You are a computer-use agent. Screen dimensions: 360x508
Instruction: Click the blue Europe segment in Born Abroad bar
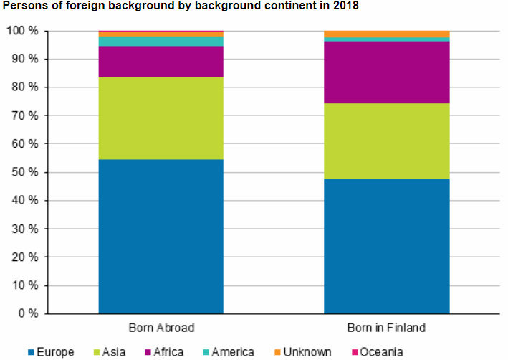click(x=161, y=236)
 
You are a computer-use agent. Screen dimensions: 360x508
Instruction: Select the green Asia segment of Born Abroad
click(x=161, y=118)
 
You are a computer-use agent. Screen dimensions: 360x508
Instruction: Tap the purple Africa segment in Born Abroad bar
click(x=161, y=62)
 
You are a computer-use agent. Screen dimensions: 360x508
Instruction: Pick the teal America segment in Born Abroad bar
click(x=161, y=42)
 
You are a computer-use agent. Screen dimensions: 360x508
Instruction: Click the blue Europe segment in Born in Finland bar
click(x=386, y=246)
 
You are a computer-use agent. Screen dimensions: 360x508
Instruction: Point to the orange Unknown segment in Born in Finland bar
click(x=386, y=34)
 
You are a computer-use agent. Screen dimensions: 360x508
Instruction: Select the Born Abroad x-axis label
click(x=161, y=328)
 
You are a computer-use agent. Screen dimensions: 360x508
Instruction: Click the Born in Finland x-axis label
click(x=386, y=328)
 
